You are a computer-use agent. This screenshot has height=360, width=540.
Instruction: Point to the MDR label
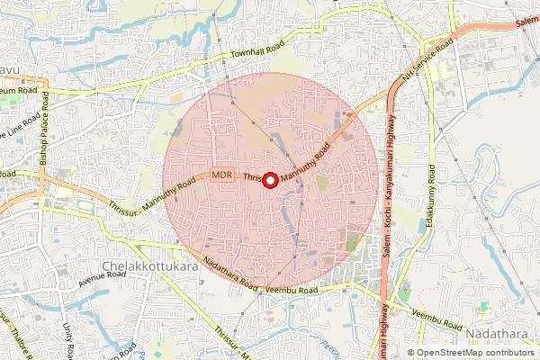pos(223,175)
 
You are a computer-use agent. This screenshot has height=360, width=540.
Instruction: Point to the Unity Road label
pos(68,338)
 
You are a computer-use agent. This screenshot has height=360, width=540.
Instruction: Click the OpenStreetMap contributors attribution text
pos(474,353)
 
